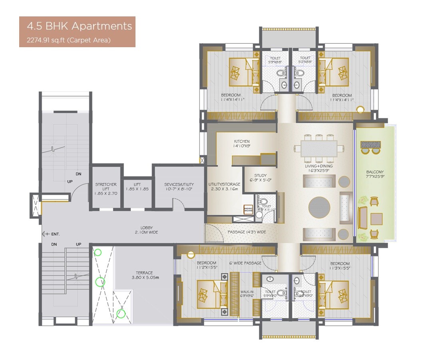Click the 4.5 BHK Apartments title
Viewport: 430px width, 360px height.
[x=79, y=27]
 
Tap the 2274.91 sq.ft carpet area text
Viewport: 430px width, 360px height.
[x=68, y=40]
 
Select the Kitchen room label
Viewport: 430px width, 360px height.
[x=242, y=144]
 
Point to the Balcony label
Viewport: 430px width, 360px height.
[x=375, y=174]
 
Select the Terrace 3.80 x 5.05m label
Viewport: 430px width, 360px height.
[x=144, y=275]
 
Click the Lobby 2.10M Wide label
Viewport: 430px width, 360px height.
[x=146, y=230]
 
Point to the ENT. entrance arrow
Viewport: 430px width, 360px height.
[x=50, y=234]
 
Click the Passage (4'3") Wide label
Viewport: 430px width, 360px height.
[x=247, y=232]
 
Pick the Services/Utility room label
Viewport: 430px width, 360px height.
[x=179, y=187]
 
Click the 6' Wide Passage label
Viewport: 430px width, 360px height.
[x=245, y=263]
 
